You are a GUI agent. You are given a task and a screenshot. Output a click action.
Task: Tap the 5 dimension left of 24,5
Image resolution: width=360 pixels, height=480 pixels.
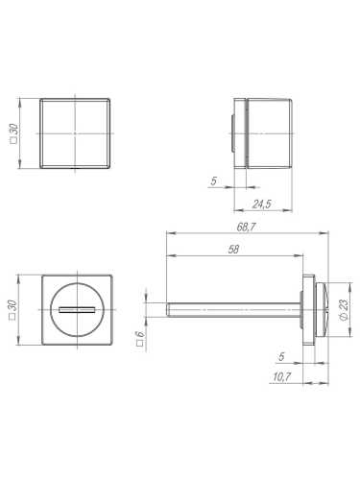pyautogui.click(x=214, y=180)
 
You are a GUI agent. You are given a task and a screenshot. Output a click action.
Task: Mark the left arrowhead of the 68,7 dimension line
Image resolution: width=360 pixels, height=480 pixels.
pyautogui.click(x=170, y=232)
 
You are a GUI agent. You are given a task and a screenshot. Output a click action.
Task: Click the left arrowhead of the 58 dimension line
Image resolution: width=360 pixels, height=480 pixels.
pyautogui.click(x=170, y=255)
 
